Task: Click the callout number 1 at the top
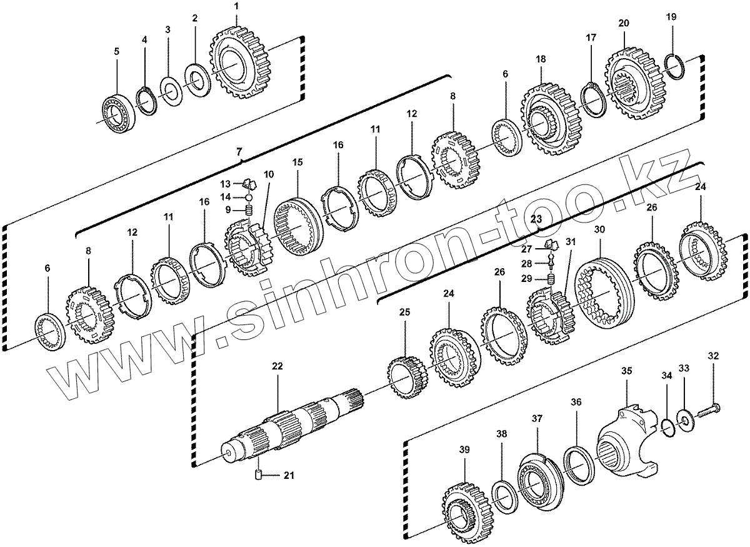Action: point(236,6)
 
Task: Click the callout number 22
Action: point(277,366)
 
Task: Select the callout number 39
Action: point(463,449)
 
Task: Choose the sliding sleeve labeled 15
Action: point(298,228)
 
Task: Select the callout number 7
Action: point(238,151)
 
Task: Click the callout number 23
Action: point(535,218)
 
